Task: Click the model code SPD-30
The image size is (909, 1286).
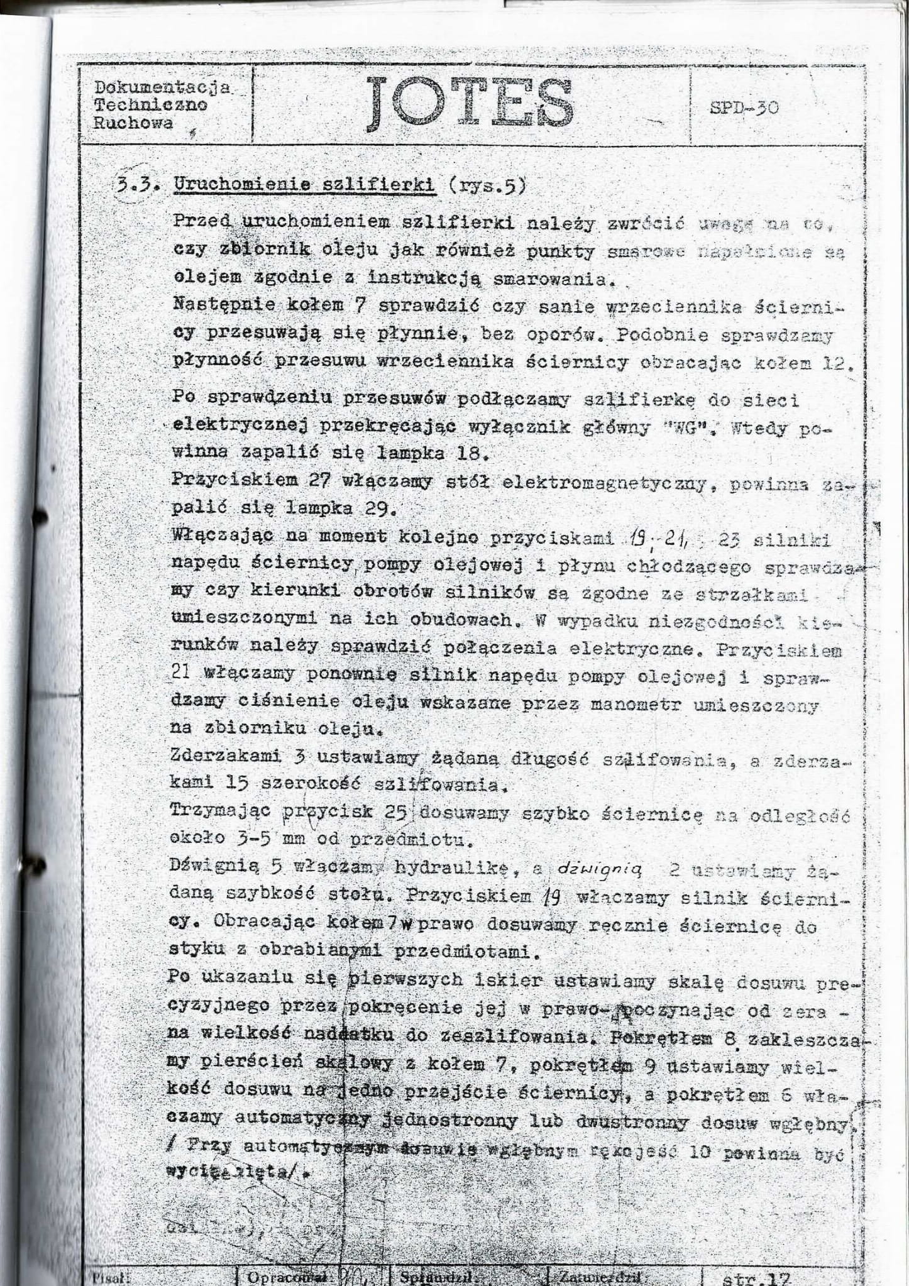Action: [744, 107]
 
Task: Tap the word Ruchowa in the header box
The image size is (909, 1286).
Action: [133, 123]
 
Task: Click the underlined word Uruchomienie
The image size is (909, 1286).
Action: [243, 186]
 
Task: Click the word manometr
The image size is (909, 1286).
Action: [635, 706]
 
